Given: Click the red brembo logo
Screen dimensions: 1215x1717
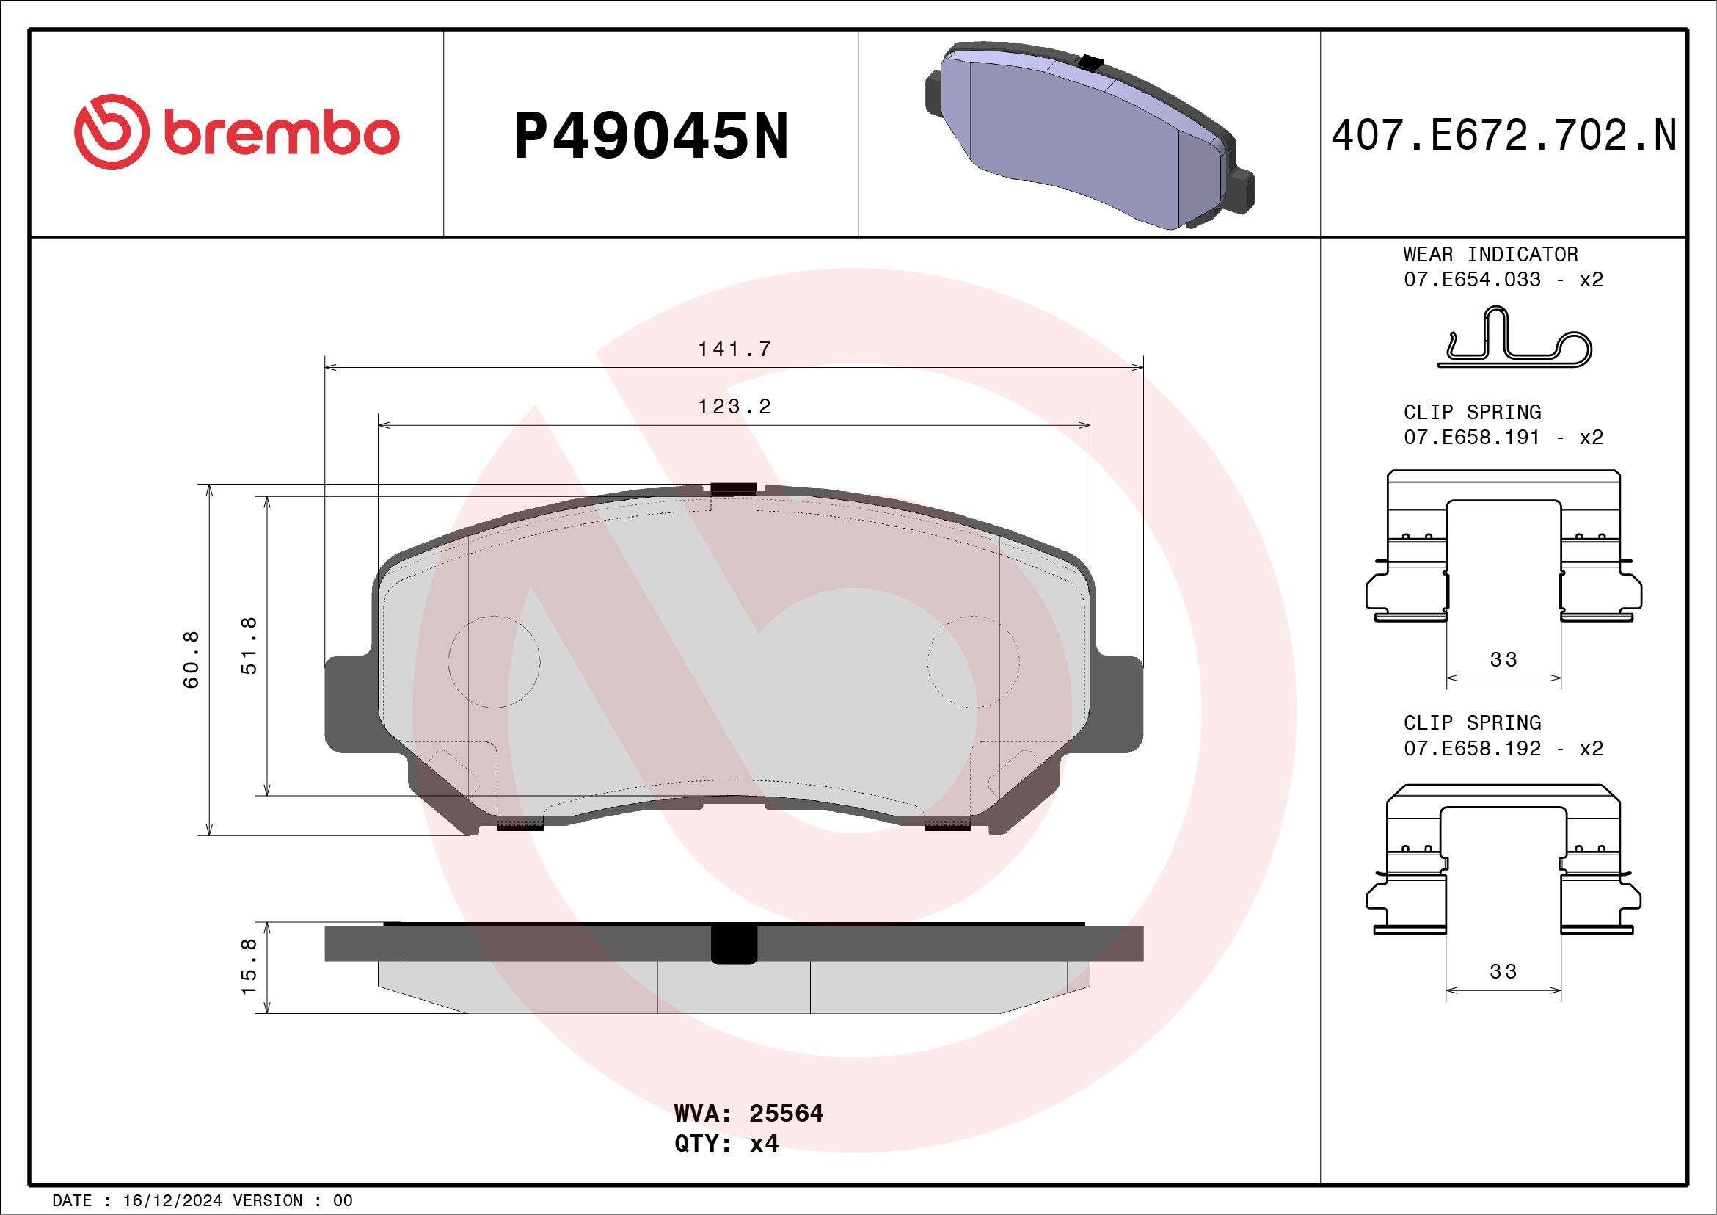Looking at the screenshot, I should pos(236,132).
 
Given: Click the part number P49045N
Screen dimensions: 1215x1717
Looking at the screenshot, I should pos(651,136).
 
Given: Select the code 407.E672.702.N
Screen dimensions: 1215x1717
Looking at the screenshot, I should pos(1503,136).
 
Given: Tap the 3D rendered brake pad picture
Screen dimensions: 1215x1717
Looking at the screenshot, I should pos(1089,134).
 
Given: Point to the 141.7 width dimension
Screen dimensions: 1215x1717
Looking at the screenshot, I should pos(734,349).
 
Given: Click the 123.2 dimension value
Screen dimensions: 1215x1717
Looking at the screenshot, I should pos(734,407).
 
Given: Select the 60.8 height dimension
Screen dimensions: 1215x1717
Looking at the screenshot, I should pos(192,659).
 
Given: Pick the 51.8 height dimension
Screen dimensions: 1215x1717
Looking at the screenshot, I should pos(249,645).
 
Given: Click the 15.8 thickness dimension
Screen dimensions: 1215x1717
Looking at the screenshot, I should pos(249,967).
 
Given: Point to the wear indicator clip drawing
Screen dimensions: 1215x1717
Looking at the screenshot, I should pos(1514,340).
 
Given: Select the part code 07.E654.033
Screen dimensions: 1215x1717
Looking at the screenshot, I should pos(1472,280).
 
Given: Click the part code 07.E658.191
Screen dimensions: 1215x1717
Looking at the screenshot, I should pos(1472,438).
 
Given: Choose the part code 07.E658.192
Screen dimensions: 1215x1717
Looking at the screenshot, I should pos(1472,749).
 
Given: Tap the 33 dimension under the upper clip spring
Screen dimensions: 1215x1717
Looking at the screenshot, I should pos(1503,660).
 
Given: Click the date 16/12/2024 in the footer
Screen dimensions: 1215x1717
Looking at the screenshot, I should pos(172,1200).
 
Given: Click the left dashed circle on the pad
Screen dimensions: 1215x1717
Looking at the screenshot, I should pos(494,661).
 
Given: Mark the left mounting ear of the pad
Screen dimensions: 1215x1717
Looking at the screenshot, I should pos(349,703).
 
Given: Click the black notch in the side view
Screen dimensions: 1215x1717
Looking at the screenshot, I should pos(734,945).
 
